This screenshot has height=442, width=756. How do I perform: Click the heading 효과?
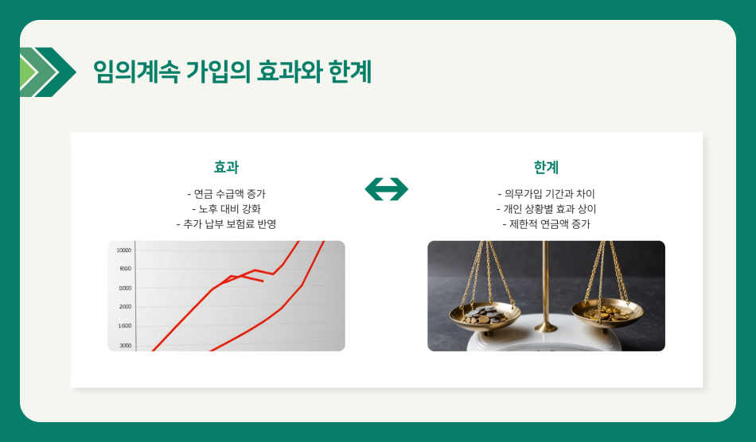point(226,167)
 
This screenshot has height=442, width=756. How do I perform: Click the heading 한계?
point(546,167)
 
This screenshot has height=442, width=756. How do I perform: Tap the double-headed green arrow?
point(386,189)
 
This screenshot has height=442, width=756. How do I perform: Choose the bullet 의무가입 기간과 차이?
point(546,194)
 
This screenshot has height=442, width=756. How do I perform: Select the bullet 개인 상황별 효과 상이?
point(546,209)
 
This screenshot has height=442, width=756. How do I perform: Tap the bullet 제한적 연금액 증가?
point(546,224)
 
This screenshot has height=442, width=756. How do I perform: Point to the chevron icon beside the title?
point(47,72)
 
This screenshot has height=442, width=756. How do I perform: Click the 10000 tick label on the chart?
point(124,250)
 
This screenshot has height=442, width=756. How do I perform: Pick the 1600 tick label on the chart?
point(125,326)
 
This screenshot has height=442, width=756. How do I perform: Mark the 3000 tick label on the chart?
point(125,345)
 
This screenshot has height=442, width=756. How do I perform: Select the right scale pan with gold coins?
point(606,312)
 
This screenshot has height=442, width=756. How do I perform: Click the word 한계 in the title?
point(350,72)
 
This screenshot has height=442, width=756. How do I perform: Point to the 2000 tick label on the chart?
point(125,307)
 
